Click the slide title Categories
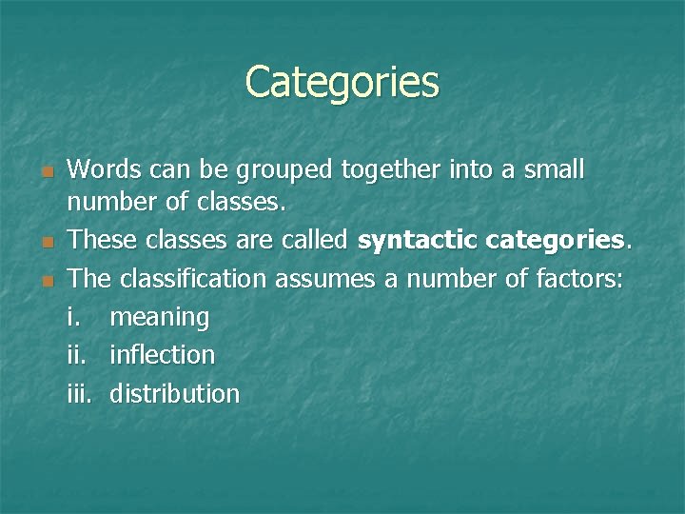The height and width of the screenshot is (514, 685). [x=342, y=82]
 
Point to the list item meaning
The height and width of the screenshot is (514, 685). [x=159, y=317]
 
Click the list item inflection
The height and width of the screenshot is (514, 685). [x=162, y=355]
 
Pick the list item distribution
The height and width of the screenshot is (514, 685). [x=174, y=393]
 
